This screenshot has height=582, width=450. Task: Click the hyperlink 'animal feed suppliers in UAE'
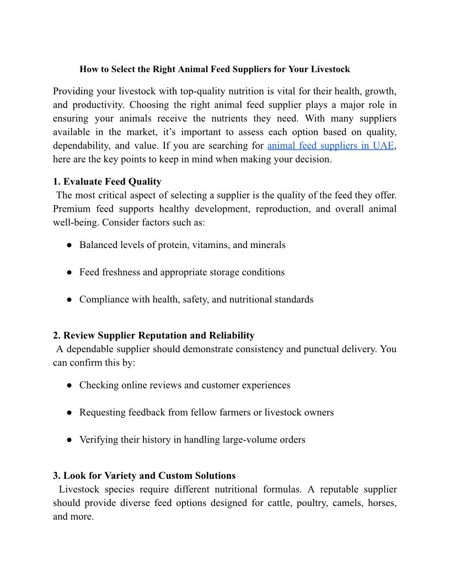coord(331,146)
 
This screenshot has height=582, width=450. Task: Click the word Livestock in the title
coord(330,69)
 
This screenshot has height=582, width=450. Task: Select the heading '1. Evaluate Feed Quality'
coord(107,181)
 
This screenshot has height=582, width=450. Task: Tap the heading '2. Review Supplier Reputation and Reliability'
coord(154,335)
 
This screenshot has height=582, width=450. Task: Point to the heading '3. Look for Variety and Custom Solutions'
coord(144,476)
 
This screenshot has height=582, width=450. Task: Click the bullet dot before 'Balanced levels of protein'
coord(70,245)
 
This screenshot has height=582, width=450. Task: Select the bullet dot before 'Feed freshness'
coord(70,272)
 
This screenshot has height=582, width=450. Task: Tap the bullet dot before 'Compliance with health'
coord(70,300)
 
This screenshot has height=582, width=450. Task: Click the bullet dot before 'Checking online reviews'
coord(70,385)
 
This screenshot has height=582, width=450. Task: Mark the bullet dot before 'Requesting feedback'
coord(70,413)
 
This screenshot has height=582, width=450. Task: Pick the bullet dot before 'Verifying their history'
coord(70,440)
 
